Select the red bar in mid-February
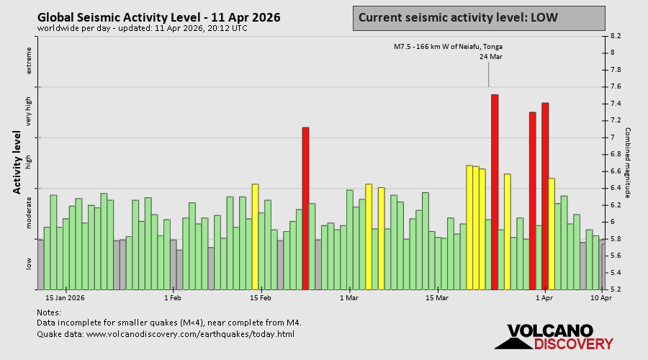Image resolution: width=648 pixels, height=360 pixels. [x=305, y=208]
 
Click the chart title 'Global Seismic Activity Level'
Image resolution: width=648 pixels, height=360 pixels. [x=158, y=17]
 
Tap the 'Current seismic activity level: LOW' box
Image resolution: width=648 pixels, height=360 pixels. [x=479, y=17]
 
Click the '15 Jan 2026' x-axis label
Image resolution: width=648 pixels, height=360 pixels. [x=65, y=297]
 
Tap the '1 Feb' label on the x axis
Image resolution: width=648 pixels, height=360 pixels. [x=172, y=297]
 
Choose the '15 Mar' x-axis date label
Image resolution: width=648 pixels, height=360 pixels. [x=437, y=297]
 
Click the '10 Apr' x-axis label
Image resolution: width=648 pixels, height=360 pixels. [x=601, y=297]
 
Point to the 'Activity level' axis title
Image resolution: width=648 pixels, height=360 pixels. [x=17, y=162]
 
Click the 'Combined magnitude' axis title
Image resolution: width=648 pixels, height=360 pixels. [x=628, y=163]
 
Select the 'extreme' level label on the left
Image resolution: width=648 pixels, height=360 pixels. [x=30, y=60]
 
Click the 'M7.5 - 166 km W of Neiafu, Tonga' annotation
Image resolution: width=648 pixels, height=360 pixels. [x=448, y=47]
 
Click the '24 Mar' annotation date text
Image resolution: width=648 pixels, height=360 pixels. [x=491, y=57]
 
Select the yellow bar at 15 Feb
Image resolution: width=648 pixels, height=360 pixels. [x=255, y=237]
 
